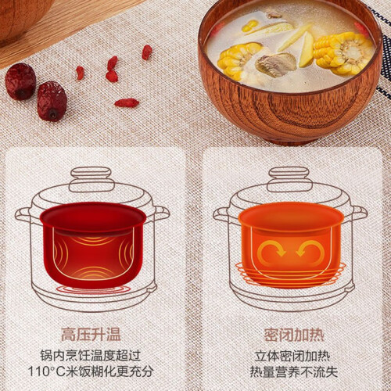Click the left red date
pos(20,81)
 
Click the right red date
pos(52,101)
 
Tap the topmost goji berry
pos(147,52)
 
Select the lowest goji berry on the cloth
pos(127,102)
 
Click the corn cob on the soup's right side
pos(343,53)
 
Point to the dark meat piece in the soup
pos(276,64)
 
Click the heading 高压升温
pos(91,335)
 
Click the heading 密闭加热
pos(294,335)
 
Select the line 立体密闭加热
pos(292,357)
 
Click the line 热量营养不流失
pos(294,371)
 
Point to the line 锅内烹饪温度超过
pos(91,356)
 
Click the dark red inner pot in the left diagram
pos(93,245)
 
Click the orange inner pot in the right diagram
pos(291,244)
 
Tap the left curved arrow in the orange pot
pos(271,249)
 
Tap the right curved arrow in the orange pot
pos(310,249)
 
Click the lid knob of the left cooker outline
pos(91,180)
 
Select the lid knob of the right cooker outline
pos(290,179)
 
